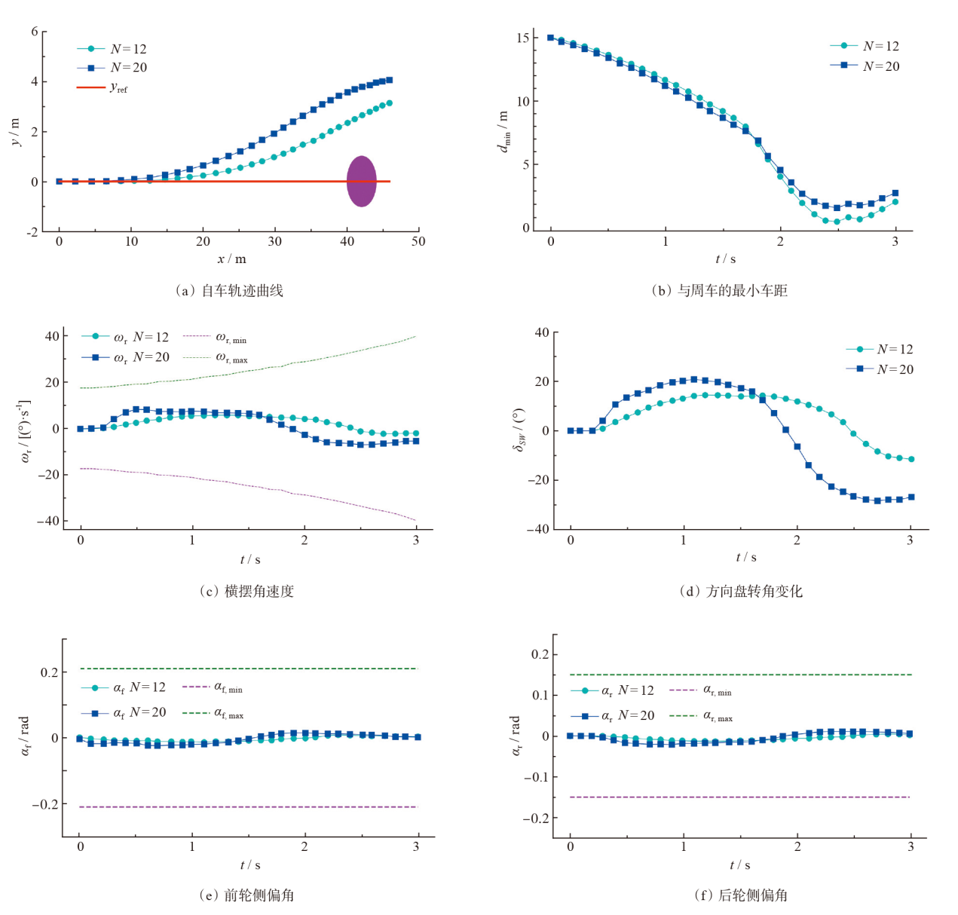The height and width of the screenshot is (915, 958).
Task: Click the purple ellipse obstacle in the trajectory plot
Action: click(x=362, y=182)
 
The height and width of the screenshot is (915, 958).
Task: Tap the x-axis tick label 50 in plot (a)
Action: click(x=418, y=242)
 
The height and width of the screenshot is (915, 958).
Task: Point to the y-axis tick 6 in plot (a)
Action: click(x=35, y=32)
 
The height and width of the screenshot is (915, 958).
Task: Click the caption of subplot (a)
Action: click(x=230, y=291)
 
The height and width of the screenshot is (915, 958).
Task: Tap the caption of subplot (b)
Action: click(x=720, y=291)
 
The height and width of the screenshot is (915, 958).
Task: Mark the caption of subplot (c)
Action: click(x=246, y=592)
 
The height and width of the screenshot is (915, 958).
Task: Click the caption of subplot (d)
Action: click(x=741, y=592)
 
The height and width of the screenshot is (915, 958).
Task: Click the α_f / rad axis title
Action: click(x=25, y=736)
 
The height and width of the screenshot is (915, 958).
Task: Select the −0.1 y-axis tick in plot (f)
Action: click(x=534, y=777)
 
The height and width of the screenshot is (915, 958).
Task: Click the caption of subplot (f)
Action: click(x=741, y=895)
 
